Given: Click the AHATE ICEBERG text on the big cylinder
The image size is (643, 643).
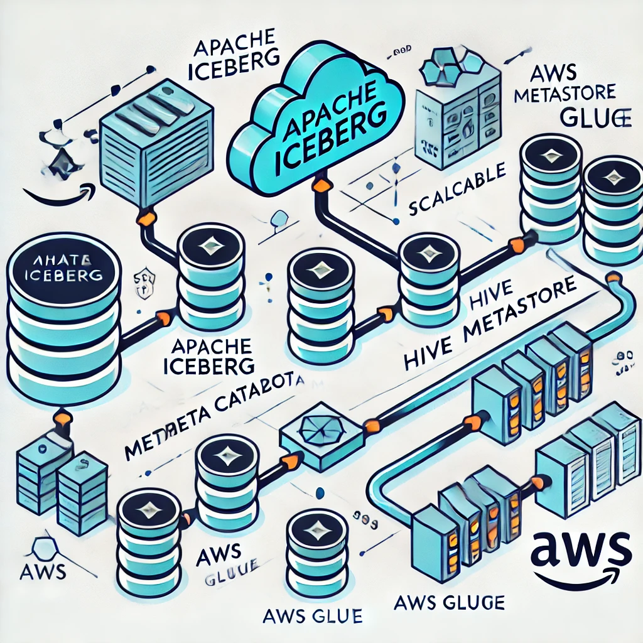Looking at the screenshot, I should (x=63, y=267).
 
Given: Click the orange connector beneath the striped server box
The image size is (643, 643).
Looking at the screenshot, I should (x=145, y=219).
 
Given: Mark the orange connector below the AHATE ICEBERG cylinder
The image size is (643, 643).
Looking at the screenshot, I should (x=63, y=416).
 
